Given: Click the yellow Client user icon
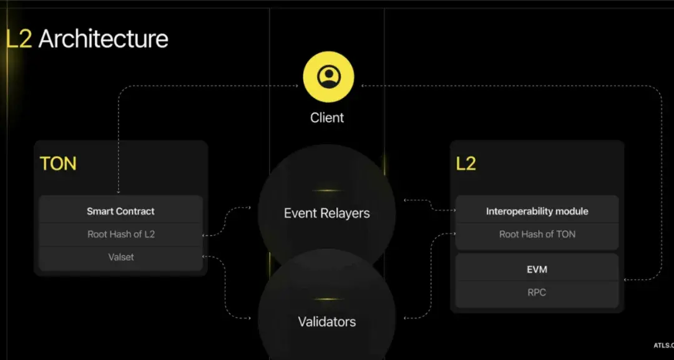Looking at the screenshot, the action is click(328, 77).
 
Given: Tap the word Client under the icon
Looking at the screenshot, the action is click(327, 118).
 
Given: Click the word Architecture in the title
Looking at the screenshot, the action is click(103, 39).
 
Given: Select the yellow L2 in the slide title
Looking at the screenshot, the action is click(19, 39).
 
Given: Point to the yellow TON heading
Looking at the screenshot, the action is click(58, 163).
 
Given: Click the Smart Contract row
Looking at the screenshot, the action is click(121, 211).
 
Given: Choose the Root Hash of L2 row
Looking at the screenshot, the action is click(121, 234).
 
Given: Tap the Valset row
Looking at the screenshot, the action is click(121, 257).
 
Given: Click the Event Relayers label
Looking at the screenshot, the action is click(326, 213).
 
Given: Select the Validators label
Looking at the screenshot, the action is click(327, 322).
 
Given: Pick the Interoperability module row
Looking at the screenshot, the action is click(537, 211).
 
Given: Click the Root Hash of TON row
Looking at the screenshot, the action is click(537, 234).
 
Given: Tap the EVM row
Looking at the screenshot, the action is click(537, 270).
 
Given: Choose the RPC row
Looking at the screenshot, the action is click(537, 293).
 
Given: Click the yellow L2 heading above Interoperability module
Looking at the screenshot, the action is click(466, 163).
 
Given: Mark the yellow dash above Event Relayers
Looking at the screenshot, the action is click(327, 190).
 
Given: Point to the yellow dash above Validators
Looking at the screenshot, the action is click(327, 299).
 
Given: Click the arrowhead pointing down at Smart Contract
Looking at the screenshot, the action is click(118, 192).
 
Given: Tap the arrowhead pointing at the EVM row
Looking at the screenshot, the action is click(625, 280).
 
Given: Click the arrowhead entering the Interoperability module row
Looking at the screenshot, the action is click(454, 210).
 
